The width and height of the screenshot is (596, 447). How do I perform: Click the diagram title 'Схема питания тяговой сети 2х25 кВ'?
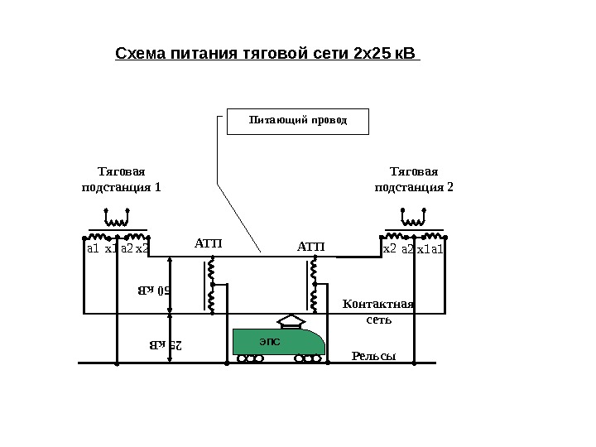(x=267, y=55)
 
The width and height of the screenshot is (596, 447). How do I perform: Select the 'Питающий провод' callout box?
(x=298, y=121)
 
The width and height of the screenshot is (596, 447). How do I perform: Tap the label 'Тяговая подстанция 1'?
(x=121, y=180)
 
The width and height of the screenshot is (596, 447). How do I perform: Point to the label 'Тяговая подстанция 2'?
(x=414, y=180)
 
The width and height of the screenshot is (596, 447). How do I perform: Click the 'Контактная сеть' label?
(x=377, y=311)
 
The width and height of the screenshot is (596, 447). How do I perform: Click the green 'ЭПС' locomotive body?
(x=277, y=341)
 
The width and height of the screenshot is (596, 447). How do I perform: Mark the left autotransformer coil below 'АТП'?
(x=211, y=286)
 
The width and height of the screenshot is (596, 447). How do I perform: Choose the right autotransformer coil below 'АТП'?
(x=314, y=286)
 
